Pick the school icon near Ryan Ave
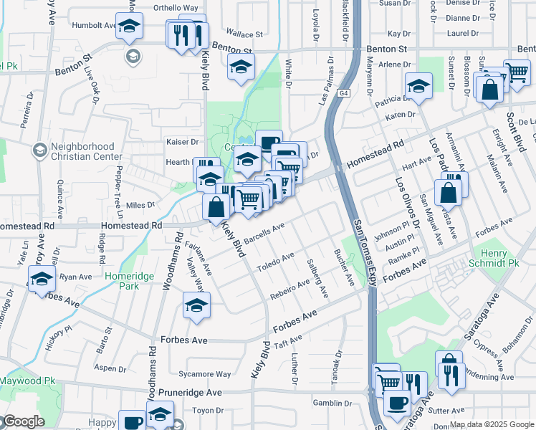tap(42, 279)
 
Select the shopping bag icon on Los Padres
tap(449, 193)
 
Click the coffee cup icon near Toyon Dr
tap(133, 422)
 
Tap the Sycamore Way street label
tap(204, 374)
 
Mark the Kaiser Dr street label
tap(182, 142)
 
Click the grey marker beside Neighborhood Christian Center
tap(39, 150)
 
